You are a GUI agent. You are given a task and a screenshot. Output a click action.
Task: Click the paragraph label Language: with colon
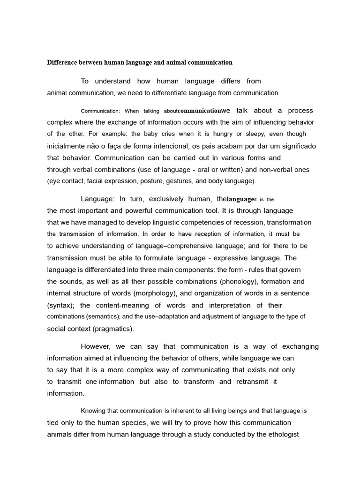(97, 199)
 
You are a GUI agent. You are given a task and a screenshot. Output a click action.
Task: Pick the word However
(96, 346)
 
